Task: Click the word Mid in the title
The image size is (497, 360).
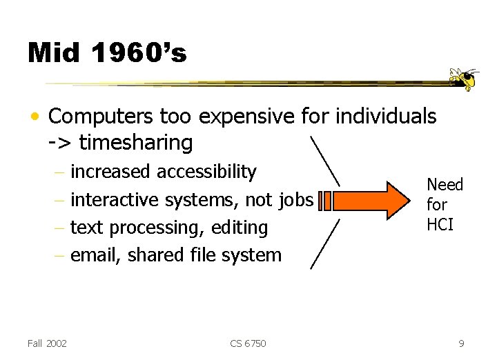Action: coord(52,52)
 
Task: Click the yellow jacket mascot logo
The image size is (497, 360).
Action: coord(464,79)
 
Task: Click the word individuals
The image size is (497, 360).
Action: coord(386,117)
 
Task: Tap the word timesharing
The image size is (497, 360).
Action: coord(136,143)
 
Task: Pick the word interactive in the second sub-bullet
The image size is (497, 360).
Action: coord(111,200)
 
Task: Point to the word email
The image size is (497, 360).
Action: coord(95,255)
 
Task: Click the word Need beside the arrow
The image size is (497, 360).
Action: coord(445,185)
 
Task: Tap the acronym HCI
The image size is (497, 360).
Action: coord(440,225)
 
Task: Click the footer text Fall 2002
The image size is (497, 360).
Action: coord(47,343)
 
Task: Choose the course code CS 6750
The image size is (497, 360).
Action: coord(248,343)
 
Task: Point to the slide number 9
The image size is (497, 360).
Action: coord(460,343)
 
